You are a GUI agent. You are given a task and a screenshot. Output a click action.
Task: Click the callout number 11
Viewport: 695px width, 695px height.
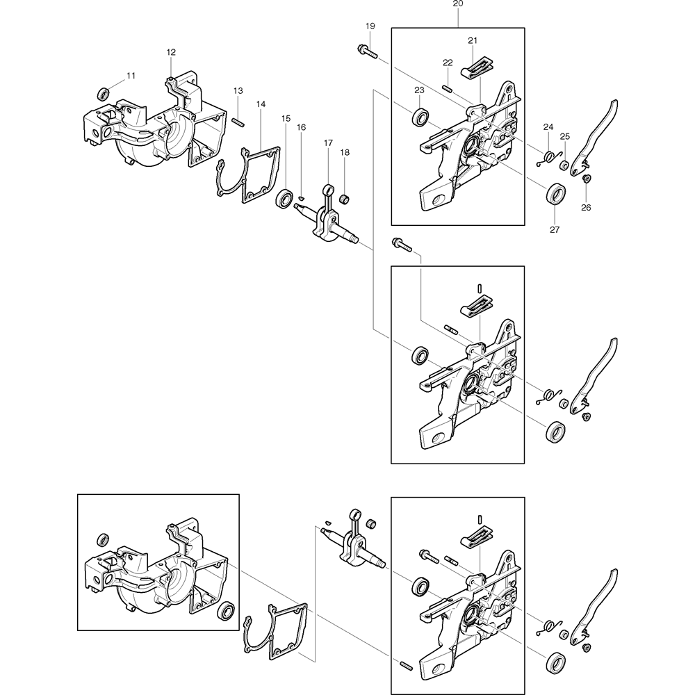(131, 75)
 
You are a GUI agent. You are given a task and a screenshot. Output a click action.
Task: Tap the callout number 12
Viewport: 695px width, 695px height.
(171, 52)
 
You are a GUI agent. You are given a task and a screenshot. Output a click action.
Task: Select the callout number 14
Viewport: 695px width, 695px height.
(261, 104)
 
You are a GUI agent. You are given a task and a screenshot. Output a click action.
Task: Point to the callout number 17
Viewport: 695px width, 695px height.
(329, 142)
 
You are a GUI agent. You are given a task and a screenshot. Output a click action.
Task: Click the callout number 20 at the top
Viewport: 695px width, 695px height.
(457, 3)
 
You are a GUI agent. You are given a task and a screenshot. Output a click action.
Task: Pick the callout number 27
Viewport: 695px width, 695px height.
(555, 229)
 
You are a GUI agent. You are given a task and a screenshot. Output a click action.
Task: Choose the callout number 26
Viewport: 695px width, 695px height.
(586, 207)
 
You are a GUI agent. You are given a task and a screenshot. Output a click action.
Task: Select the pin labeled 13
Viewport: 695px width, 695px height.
(237, 121)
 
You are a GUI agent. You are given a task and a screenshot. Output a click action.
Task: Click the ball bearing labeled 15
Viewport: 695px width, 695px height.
(284, 198)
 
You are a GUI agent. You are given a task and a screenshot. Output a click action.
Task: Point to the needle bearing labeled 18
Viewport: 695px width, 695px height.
(343, 201)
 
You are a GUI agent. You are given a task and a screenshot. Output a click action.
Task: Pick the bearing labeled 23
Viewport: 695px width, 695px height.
(420, 117)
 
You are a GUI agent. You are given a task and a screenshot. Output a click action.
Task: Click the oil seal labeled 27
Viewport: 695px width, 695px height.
(555, 193)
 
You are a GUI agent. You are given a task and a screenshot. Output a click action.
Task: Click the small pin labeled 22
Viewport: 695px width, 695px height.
(448, 88)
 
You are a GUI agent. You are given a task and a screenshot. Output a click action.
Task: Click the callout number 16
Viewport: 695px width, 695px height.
(301, 127)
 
